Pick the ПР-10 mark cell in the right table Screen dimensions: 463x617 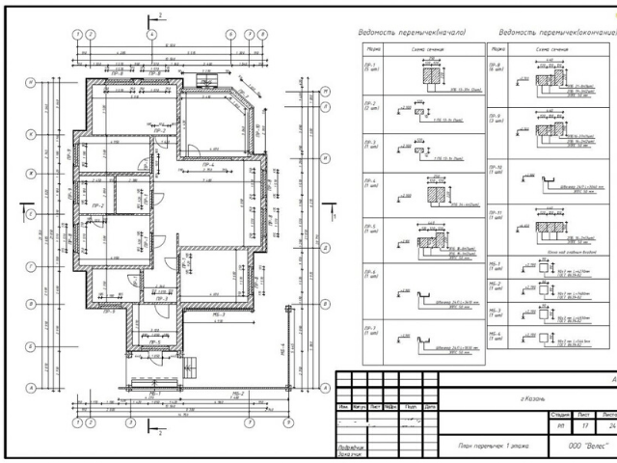pyautogui.click(x=496, y=170)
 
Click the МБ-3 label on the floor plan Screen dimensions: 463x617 pyautogui.click(x=218, y=314)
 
